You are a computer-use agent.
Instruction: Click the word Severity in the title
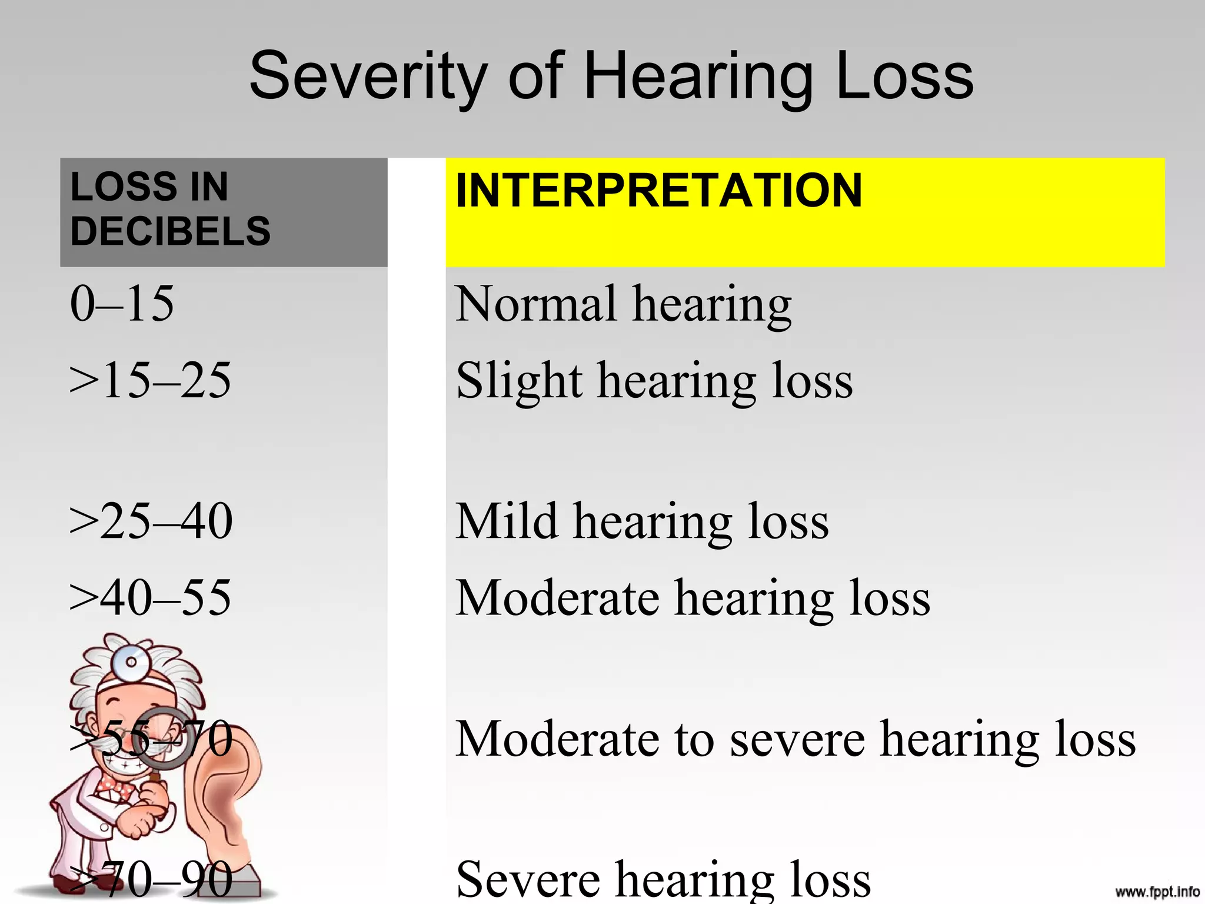point(368,77)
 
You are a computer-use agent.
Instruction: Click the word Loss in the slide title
point(904,77)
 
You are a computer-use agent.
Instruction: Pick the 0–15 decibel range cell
point(122,304)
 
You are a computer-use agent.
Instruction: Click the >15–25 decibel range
point(150,381)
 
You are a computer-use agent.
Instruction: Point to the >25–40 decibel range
point(151,521)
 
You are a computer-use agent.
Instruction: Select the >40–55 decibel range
point(150,598)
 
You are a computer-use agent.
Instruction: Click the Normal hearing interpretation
point(624,304)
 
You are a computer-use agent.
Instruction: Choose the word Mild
point(507,521)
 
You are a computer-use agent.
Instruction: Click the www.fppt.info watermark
point(1157,892)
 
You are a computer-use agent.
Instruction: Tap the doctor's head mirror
point(131,662)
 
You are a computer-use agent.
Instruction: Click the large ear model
point(227,800)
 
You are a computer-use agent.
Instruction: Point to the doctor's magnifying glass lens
point(165,738)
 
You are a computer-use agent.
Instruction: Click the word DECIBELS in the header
point(170,231)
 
